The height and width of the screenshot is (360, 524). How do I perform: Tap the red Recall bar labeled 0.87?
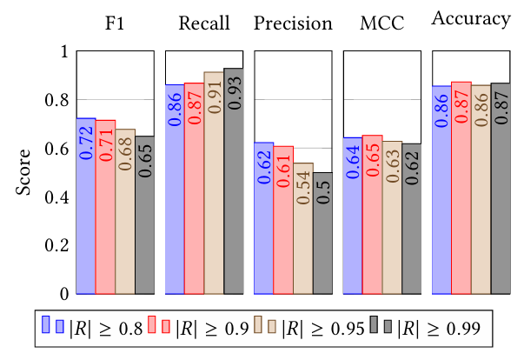tap(194, 188)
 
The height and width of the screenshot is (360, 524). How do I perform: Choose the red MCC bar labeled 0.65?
tap(373, 214)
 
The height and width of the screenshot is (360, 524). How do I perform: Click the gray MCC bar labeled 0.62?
tap(412, 218)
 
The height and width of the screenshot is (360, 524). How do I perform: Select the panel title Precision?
tap(294, 23)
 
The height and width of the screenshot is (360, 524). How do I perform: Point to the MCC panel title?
tap(382, 23)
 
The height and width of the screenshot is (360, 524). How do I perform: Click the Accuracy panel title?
tap(472, 22)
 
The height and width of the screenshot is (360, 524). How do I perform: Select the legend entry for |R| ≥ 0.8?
tap(91, 329)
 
